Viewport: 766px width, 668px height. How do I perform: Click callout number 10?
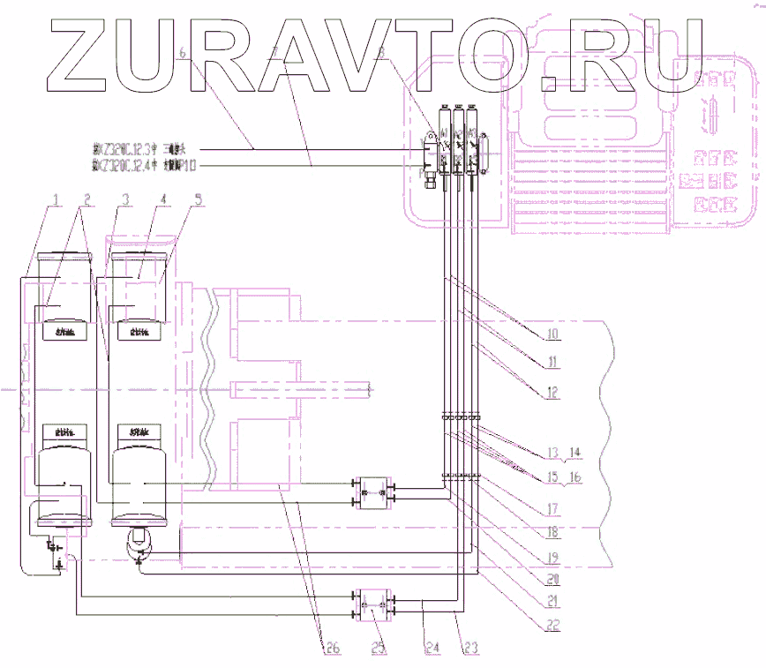[552, 335]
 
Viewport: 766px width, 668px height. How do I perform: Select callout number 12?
[552, 394]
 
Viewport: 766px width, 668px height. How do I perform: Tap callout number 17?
[552, 509]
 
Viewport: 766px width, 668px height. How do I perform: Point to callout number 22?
[552, 625]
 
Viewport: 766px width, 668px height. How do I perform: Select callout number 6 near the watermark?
[183, 53]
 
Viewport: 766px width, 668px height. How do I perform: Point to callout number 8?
[381, 53]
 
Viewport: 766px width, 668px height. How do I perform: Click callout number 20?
[552, 578]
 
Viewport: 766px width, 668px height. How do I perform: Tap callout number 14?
[576, 453]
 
